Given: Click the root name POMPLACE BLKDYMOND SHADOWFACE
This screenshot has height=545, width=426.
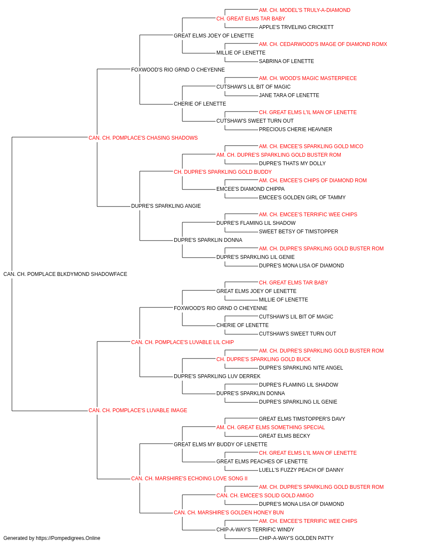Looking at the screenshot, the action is point(77,274).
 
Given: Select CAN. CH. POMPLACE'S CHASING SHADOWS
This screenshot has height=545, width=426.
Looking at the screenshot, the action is point(143,138).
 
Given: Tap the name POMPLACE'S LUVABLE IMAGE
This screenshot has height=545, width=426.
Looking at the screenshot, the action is point(150,410).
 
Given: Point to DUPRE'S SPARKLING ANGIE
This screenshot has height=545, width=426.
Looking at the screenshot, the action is point(166,206).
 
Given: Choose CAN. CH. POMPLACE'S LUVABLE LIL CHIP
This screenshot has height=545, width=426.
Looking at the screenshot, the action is point(182,342).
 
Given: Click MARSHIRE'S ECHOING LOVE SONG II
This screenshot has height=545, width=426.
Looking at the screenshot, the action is point(201,479).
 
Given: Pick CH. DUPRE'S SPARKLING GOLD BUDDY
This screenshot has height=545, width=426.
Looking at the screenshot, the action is point(223,172).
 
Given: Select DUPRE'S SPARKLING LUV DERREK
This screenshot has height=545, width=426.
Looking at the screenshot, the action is point(217,376).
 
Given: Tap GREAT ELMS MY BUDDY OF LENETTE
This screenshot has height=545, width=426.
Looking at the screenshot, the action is point(221,445).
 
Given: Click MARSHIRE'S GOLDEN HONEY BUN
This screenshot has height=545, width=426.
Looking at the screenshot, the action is point(241,513).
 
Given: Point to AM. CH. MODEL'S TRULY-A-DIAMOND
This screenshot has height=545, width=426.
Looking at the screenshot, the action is point(305,10).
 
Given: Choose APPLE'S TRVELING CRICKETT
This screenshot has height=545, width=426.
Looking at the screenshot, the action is point(296,27).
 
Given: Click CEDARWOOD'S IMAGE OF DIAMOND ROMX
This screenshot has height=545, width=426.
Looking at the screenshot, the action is point(334,44).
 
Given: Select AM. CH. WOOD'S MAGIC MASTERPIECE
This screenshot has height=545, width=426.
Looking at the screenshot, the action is point(308,78).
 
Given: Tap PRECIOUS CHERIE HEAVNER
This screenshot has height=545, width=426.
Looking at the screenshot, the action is point(296,129).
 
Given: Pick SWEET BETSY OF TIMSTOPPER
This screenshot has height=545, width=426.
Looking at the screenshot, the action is point(299,232).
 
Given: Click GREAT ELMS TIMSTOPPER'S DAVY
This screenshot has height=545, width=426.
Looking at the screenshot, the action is point(302,419).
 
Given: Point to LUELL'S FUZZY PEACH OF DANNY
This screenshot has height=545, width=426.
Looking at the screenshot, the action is point(301,470).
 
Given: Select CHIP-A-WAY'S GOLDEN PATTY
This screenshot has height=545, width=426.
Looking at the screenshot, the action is point(296,538).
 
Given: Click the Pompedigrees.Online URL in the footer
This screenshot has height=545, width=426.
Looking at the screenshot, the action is point(68,538).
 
